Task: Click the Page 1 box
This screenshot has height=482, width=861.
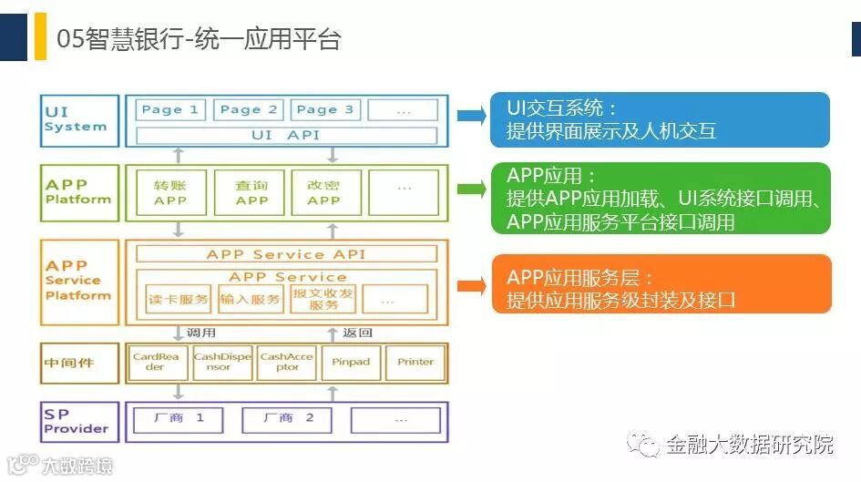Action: point(170,110)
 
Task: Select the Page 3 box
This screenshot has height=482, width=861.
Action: point(325,110)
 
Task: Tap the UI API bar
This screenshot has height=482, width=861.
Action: point(285,135)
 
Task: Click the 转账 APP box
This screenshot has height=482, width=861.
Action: point(170,192)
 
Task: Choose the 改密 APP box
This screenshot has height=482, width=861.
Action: point(323,192)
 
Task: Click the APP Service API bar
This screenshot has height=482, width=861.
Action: point(285,254)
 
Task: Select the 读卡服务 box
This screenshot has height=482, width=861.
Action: point(178,299)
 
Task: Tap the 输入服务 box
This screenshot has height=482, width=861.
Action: point(251,299)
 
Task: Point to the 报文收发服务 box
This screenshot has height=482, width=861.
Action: point(323,299)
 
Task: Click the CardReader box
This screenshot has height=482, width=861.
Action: point(156,362)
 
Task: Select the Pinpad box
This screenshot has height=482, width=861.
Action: point(351,362)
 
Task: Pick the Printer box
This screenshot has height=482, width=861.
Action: point(415,362)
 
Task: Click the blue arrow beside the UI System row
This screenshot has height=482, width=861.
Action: point(471,115)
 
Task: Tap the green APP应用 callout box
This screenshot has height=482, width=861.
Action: point(661,198)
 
